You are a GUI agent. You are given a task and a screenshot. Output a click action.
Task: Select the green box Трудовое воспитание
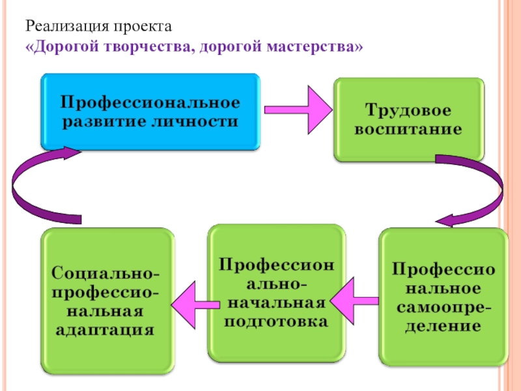click(408, 119)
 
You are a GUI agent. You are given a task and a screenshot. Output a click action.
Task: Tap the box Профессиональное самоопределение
click(443, 297)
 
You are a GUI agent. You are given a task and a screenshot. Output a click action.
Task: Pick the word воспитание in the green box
click(408, 129)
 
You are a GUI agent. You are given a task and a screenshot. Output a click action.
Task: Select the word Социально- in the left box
click(107, 269)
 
